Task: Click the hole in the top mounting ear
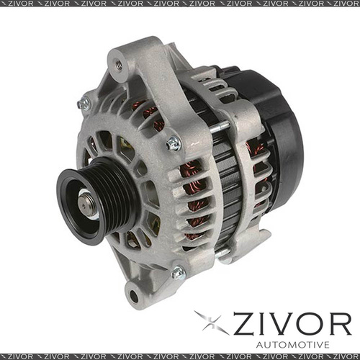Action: pyautogui.click(x=119, y=66)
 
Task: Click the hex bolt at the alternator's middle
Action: pyautogui.click(x=173, y=144)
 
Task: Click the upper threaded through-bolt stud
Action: pyautogui.click(x=220, y=127)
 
